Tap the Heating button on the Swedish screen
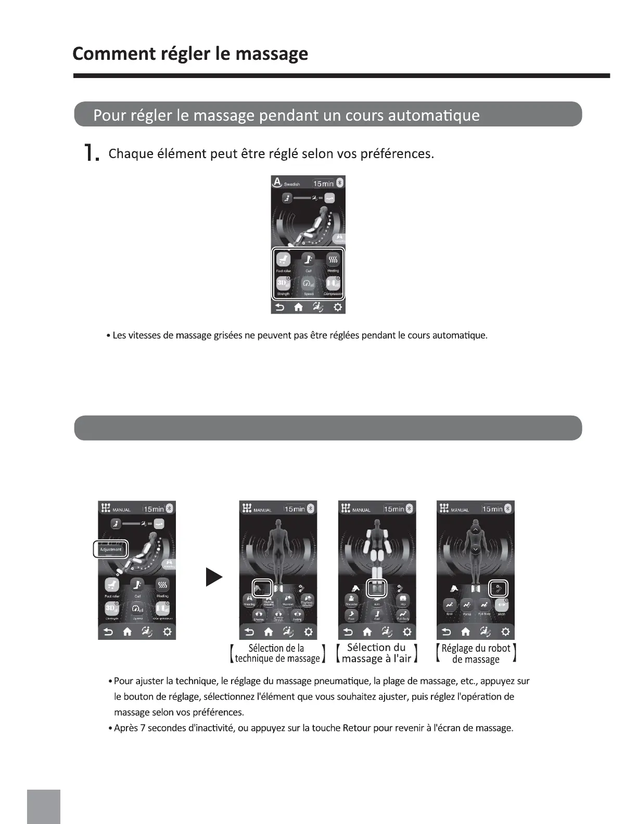pos(333,260)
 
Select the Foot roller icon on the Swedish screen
pos(283,260)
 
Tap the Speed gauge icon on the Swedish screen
pos(308,284)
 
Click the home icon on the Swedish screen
pos(298,307)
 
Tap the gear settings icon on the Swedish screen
pos(338,307)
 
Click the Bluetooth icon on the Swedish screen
pos(340,183)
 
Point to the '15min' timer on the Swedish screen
pos(323,184)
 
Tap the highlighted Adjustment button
pos(110,549)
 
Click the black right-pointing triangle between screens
pos(214,577)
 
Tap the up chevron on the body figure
pos(475,530)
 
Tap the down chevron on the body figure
pos(475,549)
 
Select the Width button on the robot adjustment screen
pos(501,606)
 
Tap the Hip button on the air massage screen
pos(403,600)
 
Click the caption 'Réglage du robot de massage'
pos(476,654)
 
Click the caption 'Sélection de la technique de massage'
pos(277,653)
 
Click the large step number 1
pos(91,153)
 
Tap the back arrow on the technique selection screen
pos(249,632)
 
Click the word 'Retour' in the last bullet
pos(356,728)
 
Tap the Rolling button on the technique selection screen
pos(297,615)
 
